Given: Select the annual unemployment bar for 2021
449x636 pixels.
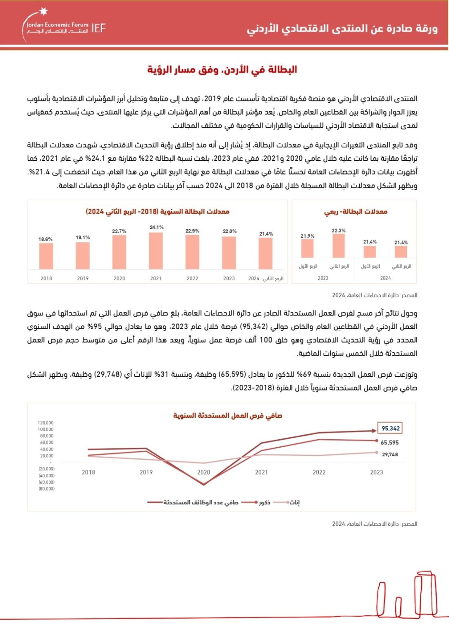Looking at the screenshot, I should (x=156, y=251).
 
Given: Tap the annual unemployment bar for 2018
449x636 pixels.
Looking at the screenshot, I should (x=46, y=256).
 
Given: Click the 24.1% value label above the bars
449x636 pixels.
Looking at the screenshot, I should (x=157, y=227).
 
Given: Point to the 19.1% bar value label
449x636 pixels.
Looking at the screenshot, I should (x=83, y=238).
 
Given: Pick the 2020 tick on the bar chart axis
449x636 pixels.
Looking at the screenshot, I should (x=119, y=279).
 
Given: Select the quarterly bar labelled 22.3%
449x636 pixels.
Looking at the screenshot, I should (x=339, y=246).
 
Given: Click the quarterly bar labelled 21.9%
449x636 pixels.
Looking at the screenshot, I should (x=307, y=248).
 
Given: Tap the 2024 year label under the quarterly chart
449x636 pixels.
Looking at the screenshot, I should (x=385, y=278).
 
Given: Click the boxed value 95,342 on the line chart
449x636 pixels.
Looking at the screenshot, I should (x=390, y=429).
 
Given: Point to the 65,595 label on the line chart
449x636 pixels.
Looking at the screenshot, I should (x=389, y=443).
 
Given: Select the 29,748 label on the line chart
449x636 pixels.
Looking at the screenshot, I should (x=390, y=455).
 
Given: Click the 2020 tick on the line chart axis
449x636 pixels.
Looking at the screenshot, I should (x=203, y=472).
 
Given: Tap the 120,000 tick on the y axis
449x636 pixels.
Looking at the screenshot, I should (x=45, y=423).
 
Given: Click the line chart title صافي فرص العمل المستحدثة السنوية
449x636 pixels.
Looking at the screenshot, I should (x=227, y=416).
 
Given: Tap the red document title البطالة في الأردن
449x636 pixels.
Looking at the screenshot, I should (x=222, y=70).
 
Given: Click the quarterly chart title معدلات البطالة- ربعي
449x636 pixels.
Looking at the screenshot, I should (x=356, y=212).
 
